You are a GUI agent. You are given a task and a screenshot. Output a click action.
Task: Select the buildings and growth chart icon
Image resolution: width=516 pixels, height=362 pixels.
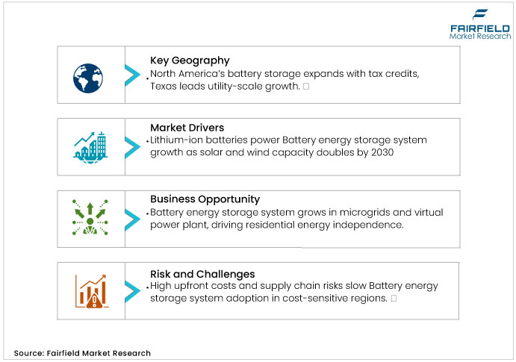pyautogui.click(x=90, y=145)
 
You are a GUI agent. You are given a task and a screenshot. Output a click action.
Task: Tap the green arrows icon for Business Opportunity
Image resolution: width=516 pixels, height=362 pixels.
pyautogui.click(x=90, y=217)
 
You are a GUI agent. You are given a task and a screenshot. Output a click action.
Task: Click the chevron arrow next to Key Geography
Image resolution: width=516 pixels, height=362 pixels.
pyautogui.click(x=132, y=74)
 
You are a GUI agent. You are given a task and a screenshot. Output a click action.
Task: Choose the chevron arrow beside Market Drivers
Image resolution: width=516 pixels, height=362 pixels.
pyautogui.click(x=132, y=145)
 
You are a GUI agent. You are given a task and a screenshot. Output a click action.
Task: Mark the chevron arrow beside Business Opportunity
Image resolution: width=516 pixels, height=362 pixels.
pyautogui.click(x=132, y=217)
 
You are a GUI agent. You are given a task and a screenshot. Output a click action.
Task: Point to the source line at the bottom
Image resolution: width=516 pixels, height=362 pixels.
pyautogui.click(x=82, y=353)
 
